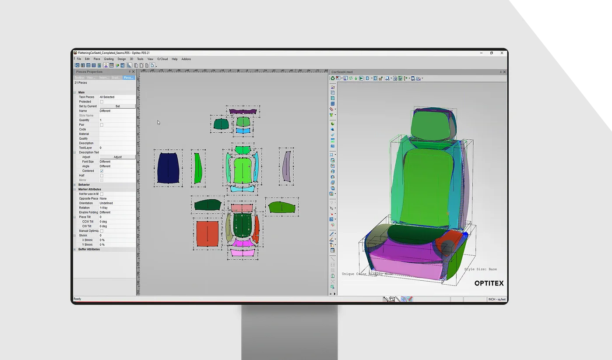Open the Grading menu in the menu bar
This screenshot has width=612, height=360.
tap(109, 59)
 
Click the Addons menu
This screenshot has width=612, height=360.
tap(186, 59)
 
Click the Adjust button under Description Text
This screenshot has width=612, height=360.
tap(117, 157)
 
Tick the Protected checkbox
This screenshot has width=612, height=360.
tap(102, 102)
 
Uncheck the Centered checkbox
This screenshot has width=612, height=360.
tap(102, 171)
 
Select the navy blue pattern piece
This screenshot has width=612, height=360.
tap(169, 168)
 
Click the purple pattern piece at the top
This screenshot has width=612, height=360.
tap(243, 111)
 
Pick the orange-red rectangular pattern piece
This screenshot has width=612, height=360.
tap(207, 234)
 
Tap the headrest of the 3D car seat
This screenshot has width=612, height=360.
tap(431, 125)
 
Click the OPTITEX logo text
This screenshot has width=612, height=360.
tap(489, 283)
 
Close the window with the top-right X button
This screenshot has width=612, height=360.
tap(502, 53)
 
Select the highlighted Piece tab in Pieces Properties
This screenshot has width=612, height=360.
tap(128, 78)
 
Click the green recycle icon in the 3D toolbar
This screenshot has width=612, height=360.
tap(333, 78)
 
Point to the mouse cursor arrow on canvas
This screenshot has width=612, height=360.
tap(158, 122)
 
